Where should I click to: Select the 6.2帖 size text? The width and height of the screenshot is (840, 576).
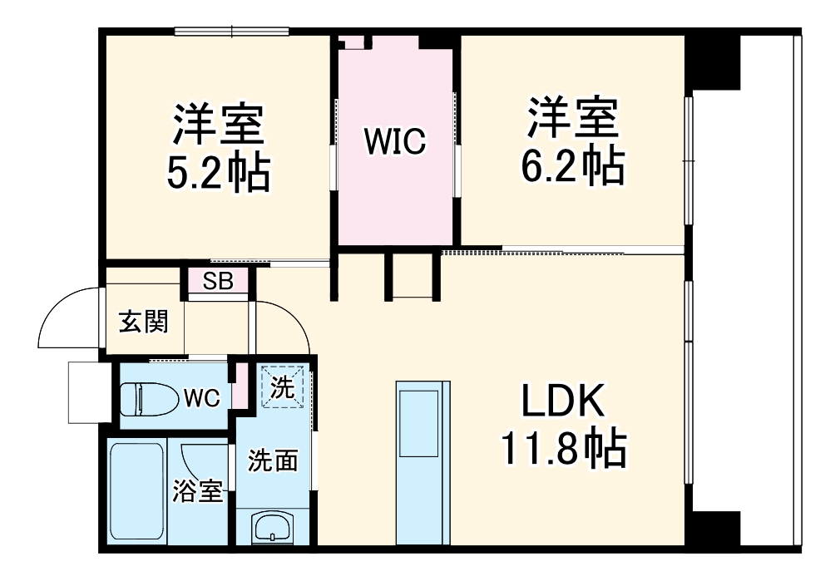(x=573, y=166)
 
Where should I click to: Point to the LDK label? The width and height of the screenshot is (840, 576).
(x=561, y=403)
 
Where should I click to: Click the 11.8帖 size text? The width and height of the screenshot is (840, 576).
(x=562, y=449)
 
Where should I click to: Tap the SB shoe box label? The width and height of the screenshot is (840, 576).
(x=218, y=281)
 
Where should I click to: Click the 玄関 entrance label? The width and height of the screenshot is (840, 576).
(x=142, y=322)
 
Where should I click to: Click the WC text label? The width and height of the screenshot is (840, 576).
(x=201, y=398)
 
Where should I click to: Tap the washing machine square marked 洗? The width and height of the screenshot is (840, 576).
(x=282, y=387)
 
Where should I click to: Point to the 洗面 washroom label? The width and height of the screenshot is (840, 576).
(x=273, y=460)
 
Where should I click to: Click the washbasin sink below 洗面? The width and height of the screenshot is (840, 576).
(x=272, y=527)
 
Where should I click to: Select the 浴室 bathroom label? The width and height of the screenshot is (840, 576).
(x=197, y=491)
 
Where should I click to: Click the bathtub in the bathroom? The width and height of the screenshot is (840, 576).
(x=136, y=494)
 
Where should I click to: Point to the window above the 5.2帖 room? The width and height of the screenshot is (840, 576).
(x=231, y=32)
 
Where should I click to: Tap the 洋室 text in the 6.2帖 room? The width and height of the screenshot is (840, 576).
(x=573, y=119)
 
